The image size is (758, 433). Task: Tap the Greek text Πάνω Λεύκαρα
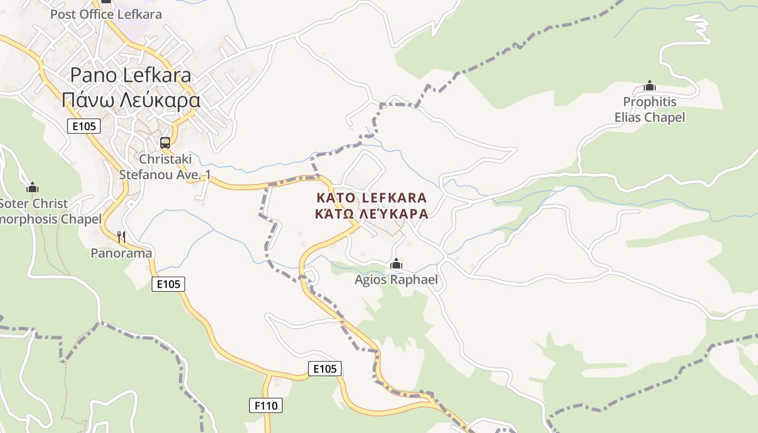130,100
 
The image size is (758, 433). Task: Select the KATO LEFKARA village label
371,198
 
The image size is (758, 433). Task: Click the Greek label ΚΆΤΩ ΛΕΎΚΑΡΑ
371,214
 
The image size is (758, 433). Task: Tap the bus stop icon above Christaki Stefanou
165,143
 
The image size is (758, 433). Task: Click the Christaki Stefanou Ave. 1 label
165,167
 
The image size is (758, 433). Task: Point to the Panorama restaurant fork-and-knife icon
122,237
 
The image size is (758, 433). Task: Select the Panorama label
121,253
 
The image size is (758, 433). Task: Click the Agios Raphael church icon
396,264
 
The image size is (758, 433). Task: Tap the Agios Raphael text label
396,280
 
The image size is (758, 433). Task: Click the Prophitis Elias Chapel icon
650,86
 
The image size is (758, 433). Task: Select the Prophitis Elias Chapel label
650,109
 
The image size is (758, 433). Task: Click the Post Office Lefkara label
106,14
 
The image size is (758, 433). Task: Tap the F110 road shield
266,405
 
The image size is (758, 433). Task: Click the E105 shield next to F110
325,369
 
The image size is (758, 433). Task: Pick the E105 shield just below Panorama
168,284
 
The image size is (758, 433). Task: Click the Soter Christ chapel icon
32,188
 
